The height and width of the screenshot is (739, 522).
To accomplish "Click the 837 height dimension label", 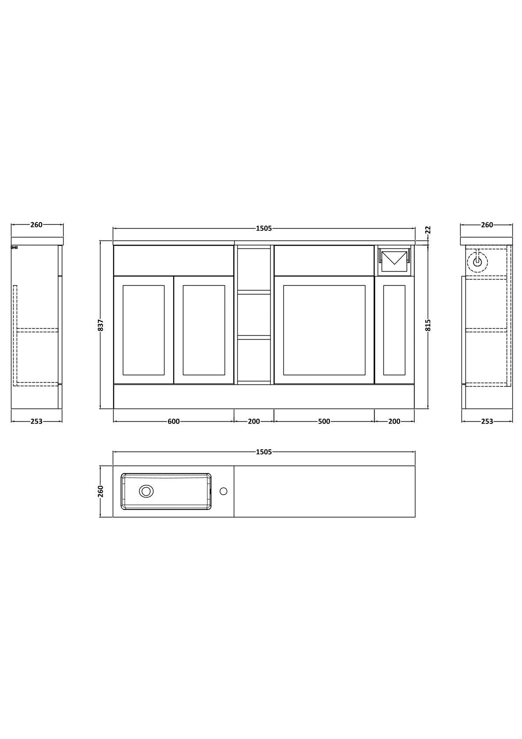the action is tap(101, 325).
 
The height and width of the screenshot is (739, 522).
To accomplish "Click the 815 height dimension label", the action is tap(429, 325).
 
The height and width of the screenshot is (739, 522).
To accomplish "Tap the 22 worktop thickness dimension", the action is tap(429, 230).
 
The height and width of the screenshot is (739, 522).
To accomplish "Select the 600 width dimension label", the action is tap(174, 421).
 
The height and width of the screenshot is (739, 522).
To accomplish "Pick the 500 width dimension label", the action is tap(324, 421).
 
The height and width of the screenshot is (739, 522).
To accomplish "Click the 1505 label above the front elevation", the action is tap(264, 228).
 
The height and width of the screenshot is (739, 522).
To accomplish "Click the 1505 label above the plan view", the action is tap(264, 452).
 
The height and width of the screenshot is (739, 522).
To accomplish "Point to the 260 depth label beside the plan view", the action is tap(101, 491).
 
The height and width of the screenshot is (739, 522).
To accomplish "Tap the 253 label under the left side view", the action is tap(36, 421).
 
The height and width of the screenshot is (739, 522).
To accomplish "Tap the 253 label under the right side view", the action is tap(487, 421).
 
